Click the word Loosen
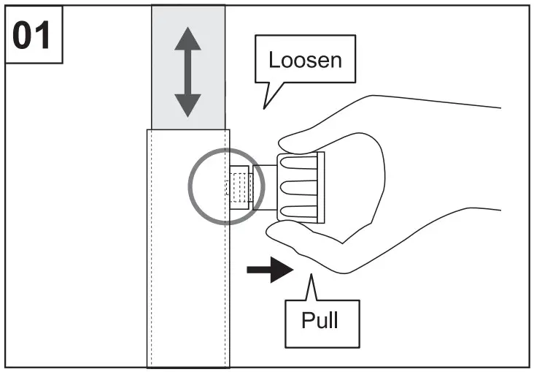tap(305, 58)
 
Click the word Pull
tap(320, 319)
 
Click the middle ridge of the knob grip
tap(299, 188)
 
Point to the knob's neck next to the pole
tap(265, 187)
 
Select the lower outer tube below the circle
tap(188, 292)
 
